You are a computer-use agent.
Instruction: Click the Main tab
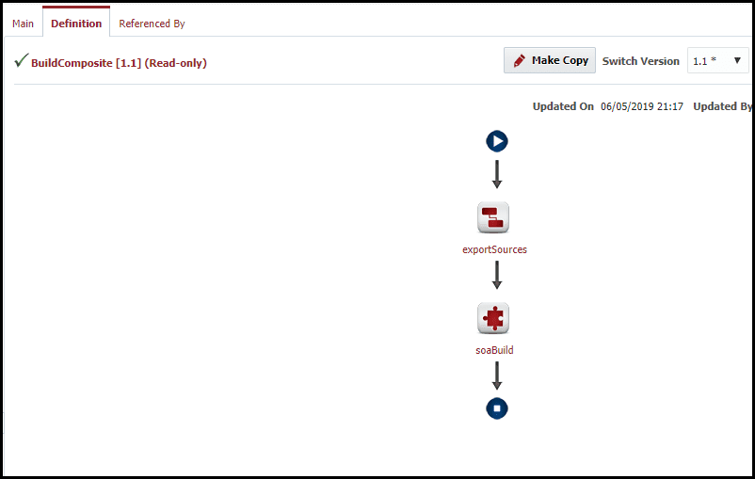pos(24,24)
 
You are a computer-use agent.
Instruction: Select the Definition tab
pos(76,24)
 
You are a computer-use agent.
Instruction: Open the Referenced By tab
pos(152,24)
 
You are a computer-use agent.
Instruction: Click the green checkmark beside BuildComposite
pos(22,60)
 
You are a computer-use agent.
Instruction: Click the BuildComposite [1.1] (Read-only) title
pos(119,63)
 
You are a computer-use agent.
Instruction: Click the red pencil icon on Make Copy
pos(520,60)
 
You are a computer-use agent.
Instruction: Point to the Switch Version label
pos(640,61)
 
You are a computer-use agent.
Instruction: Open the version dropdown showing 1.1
pos(717,60)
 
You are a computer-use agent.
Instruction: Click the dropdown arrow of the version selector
pos(737,60)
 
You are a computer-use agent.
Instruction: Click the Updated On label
pos(563,106)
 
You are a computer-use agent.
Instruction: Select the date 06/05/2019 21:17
pos(642,106)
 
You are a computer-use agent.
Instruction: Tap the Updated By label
pos(722,106)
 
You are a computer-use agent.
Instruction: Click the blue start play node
pos(497,141)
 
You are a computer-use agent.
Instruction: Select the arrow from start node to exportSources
pos(497,174)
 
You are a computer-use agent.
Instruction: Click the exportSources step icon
pos(493,217)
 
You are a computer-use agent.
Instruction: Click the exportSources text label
pos(494,249)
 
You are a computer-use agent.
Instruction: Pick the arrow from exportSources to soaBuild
pos(497,275)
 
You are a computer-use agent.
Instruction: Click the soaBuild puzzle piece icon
pos(493,318)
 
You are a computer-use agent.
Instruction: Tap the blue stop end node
pos(497,408)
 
